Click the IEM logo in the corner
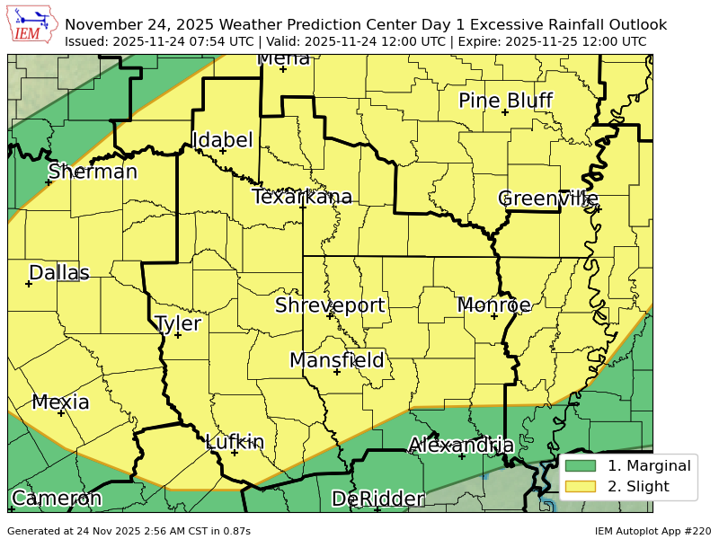click(31, 25)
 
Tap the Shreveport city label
click(330, 305)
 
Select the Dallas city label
click(59, 273)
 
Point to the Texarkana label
click(302, 197)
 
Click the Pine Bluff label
click(505, 101)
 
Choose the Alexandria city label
click(461, 445)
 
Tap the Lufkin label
click(235, 442)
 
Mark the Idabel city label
click(223, 140)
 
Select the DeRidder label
click(377, 499)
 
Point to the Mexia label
click(61, 402)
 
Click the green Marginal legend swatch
click(581, 465)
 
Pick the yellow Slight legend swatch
click(581, 487)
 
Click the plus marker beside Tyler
click(178, 335)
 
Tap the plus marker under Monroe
click(493, 316)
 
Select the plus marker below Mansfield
click(337, 372)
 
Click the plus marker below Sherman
click(49, 182)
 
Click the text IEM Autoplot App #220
click(652, 531)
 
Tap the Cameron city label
click(56, 499)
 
